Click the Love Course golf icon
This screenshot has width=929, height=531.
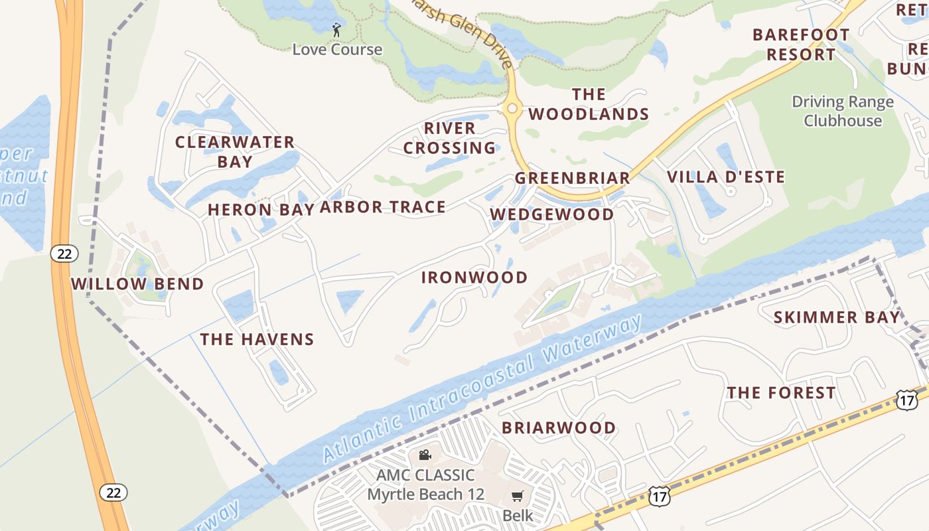pyautogui.click(x=336, y=29)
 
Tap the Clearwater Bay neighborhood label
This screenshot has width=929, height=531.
pyautogui.click(x=235, y=151)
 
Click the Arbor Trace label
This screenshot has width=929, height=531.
pyautogui.click(x=383, y=207)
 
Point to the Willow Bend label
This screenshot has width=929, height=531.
pyautogui.click(x=137, y=284)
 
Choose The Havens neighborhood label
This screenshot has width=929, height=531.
pyautogui.click(x=257, y=339)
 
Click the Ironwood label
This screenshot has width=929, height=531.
pyautogui.click(x=474, y=277)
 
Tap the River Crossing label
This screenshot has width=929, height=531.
pyautogui.click(x=450, y=138)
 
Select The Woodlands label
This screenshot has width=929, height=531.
pyautogui.click(x=589, y=104)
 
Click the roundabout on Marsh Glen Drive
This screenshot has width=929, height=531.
pyautogui.click(x=512, y=109)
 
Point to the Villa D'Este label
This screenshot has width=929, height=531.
pyautogui.click(x=726, y=177)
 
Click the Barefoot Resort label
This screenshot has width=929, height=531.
pyautogui.click(x=801, y=44)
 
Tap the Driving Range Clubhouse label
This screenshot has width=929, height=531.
pyautogui.click(x=843, y=111)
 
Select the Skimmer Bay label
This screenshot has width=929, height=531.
pyautogui.click(x=837, y=317)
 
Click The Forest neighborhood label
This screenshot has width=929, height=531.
pyautogui.click(x=781, y=393)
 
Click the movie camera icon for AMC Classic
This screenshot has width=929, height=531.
pyautogui.click(x=425, y=455)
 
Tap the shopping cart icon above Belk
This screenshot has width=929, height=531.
pyautogui.click(x=518, y=496)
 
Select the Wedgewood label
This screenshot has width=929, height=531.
pyautogui.click(x=552, y=214)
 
